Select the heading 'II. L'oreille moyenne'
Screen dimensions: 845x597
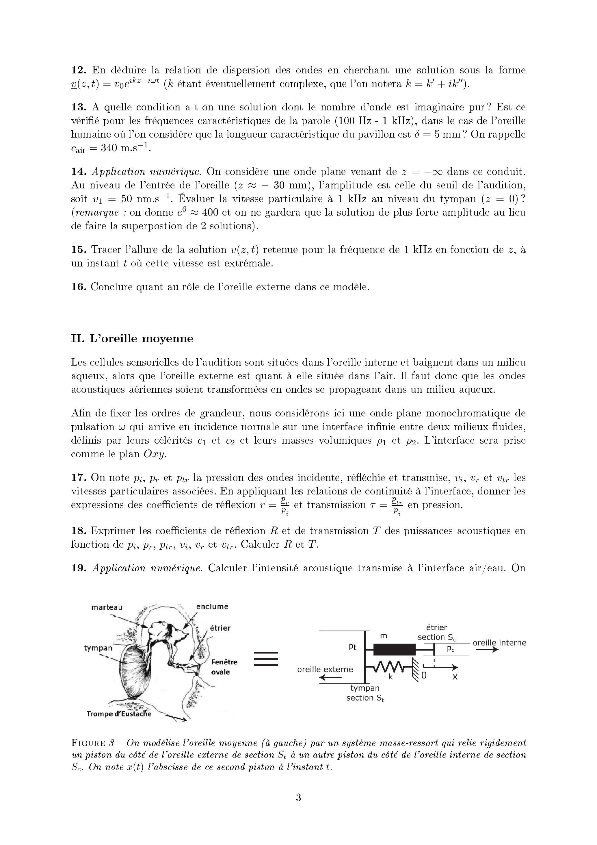(x=132, y=338)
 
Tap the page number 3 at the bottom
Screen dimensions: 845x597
(x=298, y=798)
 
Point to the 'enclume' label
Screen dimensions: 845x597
(x=212, y=607)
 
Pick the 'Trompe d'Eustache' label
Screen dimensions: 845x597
(x=118, y=714)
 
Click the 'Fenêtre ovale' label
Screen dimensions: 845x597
(x=224, y=667)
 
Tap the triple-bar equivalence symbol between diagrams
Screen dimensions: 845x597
(x=266, y=659)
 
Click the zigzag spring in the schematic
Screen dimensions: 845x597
(x=391, y=666)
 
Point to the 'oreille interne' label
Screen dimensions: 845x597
(x=499, y=643)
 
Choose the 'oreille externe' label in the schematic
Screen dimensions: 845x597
(x=325, y=670)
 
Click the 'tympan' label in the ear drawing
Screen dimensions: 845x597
(x=98, y=648)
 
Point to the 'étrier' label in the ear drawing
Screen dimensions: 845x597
(x=220, y=628)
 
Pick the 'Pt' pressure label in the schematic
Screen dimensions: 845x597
(x=352, y=647)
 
